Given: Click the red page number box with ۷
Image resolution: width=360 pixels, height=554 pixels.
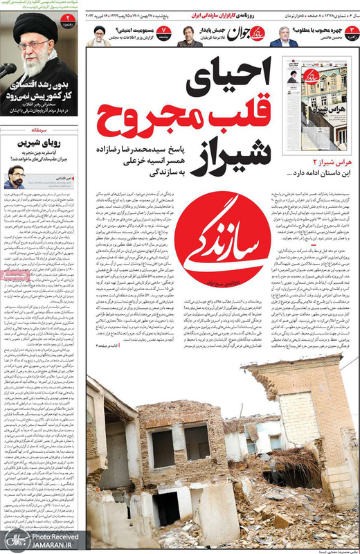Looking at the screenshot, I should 163,30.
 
